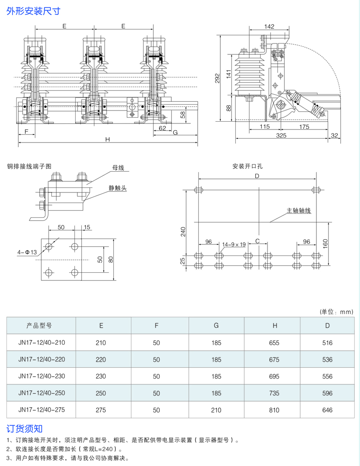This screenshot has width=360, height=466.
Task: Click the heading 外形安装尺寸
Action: click(34, 11)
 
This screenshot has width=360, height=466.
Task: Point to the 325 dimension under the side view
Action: click(281, 136)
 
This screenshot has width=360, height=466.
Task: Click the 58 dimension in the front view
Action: click(183, 115)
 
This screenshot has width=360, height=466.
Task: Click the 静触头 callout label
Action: click(118, 188)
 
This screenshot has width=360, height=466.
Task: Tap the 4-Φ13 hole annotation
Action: click(28, 253)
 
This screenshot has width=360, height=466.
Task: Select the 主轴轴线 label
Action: click(299, 211)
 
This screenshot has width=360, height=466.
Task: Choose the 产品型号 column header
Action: click(39, 325)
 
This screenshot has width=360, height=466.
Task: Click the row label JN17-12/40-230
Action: click(42, 376)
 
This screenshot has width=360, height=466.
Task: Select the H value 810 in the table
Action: click(274, 410)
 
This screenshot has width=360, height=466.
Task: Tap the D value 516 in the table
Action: click(327, 343)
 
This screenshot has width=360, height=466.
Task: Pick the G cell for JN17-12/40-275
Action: click(216, 410)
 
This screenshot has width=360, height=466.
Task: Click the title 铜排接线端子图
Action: click(29, 166)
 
